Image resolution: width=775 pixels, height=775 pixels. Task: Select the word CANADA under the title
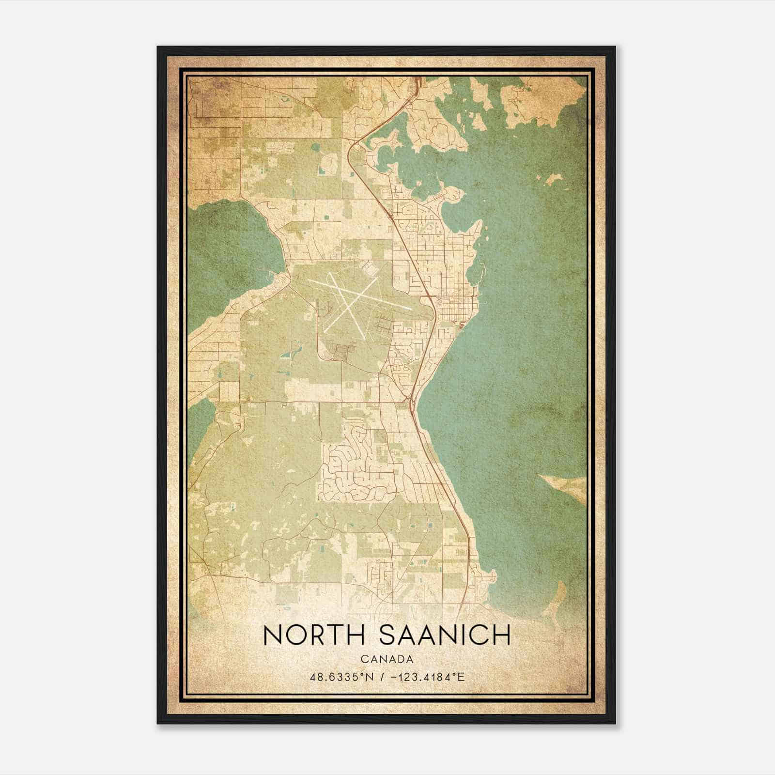pos(387,659)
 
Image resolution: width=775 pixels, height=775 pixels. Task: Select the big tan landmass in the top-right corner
pos(542,102)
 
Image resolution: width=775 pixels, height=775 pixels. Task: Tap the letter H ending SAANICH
pos(502,635)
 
